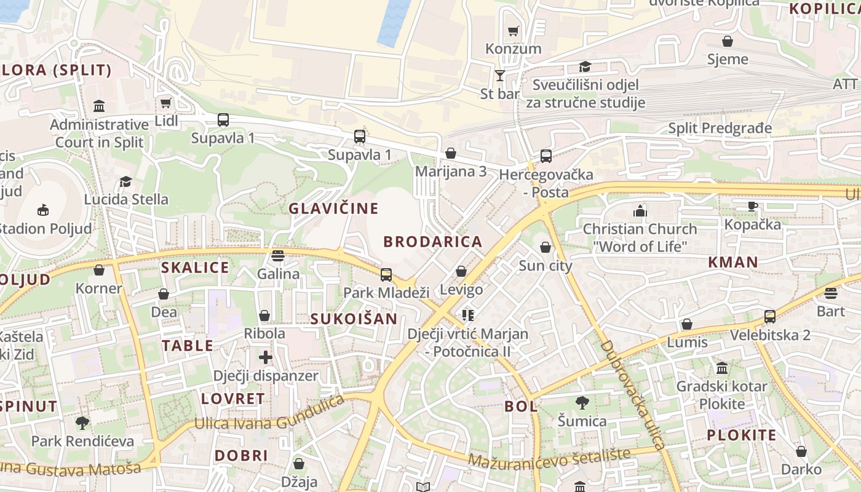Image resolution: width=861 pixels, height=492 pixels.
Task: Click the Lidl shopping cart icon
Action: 165,103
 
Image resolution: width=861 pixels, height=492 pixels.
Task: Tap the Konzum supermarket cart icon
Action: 513,31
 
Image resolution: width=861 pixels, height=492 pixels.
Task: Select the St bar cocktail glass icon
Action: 499,76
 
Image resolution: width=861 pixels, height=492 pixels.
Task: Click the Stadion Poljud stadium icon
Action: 42,211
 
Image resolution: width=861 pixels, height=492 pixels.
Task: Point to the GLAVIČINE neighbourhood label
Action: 333,208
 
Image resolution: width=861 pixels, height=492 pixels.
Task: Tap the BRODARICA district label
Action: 433,242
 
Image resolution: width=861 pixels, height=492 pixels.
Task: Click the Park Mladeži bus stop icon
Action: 386,274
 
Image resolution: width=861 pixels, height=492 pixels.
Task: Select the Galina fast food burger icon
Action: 278,255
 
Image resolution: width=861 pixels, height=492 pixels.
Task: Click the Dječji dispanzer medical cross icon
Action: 265,357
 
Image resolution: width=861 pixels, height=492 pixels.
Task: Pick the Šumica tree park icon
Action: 582,403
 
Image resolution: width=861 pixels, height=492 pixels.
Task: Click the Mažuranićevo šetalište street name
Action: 549,457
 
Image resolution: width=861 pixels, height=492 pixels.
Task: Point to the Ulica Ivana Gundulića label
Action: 269,415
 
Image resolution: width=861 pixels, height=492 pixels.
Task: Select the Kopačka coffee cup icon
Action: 752,206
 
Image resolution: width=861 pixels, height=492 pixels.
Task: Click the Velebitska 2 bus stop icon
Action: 769,317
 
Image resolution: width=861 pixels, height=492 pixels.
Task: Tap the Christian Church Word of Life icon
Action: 640,211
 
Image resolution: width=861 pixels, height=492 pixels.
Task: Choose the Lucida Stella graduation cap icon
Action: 125,181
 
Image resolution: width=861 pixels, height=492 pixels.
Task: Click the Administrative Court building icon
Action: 99,106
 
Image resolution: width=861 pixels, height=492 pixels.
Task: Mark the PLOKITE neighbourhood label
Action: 741,435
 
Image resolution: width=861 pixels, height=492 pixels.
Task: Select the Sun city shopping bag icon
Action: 545,247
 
